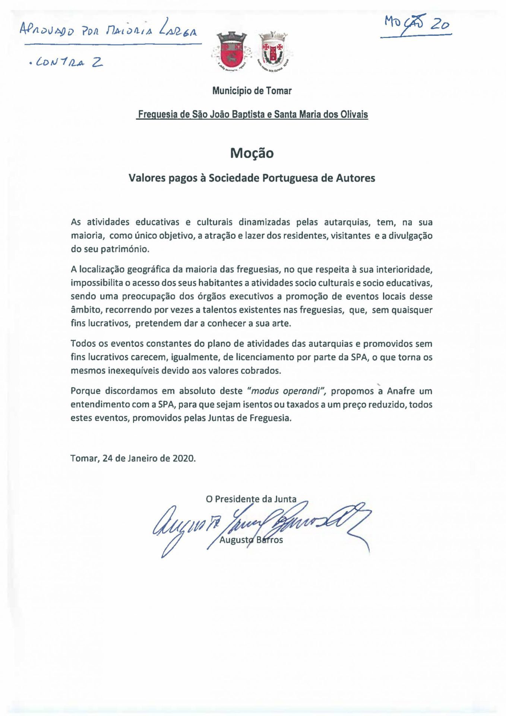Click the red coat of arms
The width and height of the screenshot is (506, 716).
click(229, 50)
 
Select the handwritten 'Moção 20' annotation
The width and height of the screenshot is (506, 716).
click(415, 25)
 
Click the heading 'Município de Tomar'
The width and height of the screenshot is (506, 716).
click(252, 91)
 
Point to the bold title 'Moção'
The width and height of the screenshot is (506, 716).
click(252, 153)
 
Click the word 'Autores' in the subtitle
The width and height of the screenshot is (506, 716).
click(355, 178)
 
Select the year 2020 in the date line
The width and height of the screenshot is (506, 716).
click(184, 458)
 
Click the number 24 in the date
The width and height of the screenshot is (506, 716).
click(108, 458)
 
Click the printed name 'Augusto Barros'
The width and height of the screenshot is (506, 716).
click(251, 540)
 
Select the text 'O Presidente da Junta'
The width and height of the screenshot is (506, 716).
click(251, 499)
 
